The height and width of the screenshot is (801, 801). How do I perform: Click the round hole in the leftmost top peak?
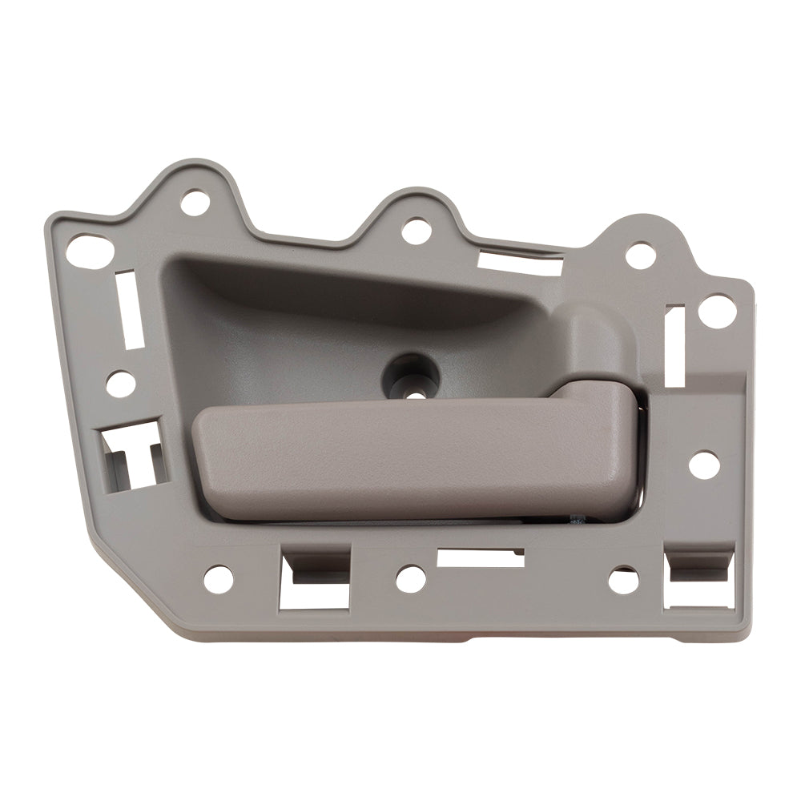pyautogui.click(x=192, y=203)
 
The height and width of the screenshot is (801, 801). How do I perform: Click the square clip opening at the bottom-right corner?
pyautogui.click(x=700, y=578)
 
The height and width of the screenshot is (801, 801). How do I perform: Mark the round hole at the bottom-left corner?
pyautogui.click(x=218, y=578)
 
